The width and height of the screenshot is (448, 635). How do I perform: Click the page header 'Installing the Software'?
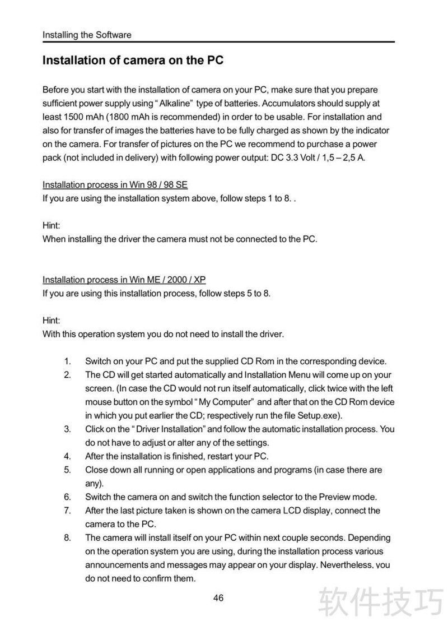(x=87, y=35)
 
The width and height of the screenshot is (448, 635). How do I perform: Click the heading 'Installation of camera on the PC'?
(x=133, y=60)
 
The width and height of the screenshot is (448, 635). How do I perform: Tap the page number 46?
(x=218, y=598)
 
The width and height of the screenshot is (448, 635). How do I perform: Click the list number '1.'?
(x=67, y=361)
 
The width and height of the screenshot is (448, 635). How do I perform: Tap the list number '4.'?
(x=67, y=456)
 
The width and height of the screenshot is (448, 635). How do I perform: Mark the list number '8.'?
(x=67, y=538)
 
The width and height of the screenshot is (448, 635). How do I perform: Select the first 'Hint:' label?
(x=52, y=225)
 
